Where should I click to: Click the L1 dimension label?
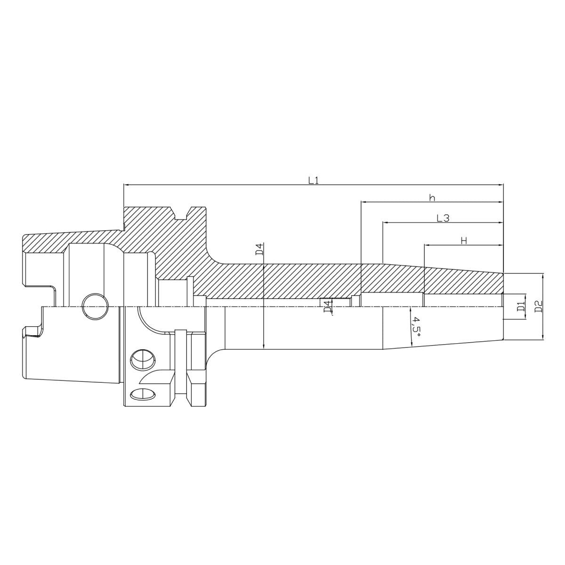pyautogui.click(x=314, y=180)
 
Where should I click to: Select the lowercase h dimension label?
pyautogui.click(x=432, y=197)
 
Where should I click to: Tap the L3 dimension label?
pyautogui.click(x=443, y=218)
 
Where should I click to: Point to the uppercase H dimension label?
pyautogui.click(x=464, y=241)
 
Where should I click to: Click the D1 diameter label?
pyautogui.click(x=521, y=307)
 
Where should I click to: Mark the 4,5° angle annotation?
pyautogui.click(x=416, y=326)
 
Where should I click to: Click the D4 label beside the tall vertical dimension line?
pyautogui.click(x=259, y=250)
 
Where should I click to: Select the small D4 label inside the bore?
pyautogui.click(x=327, y=307)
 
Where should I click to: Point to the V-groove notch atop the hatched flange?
pyautogui.click(x=181, y=214)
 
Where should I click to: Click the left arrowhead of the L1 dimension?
pyautogui.click(x=126, y=185)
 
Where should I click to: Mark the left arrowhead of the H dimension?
pyautogui.click(x=427, y=245)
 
